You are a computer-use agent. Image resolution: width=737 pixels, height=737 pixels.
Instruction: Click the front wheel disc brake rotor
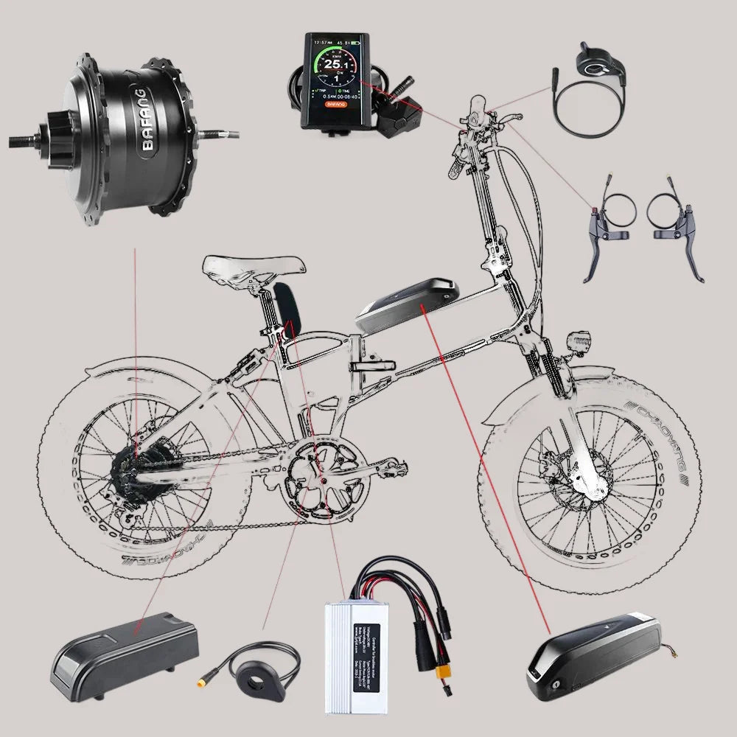(576, 475)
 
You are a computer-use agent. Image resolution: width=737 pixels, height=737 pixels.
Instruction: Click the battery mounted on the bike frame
(408, 302)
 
